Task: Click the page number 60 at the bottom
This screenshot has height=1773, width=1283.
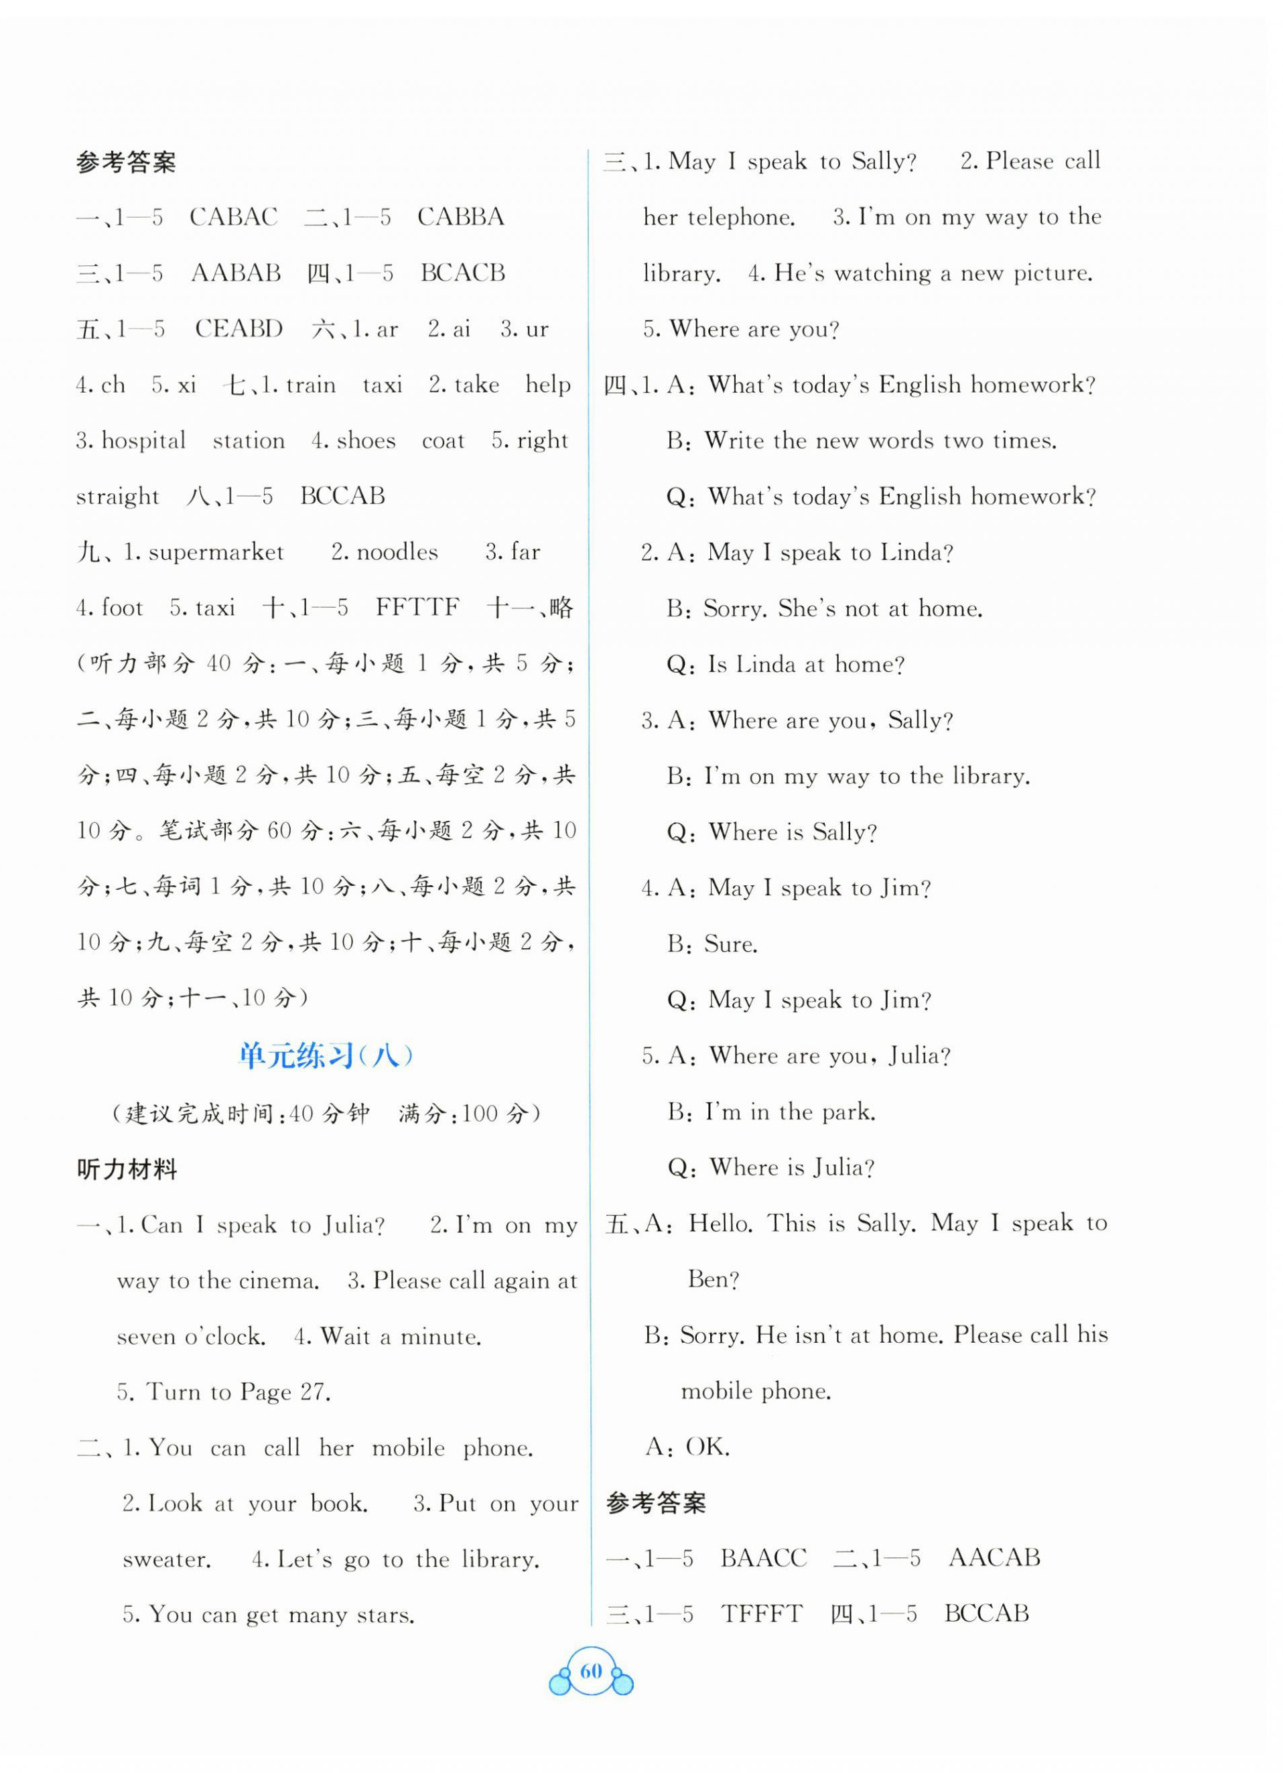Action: click(591, 1670)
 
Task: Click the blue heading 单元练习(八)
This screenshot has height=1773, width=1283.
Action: click(326, 1055)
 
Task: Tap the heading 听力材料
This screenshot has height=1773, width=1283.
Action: click(127, 1169)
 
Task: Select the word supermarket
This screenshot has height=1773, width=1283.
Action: click(215, 552)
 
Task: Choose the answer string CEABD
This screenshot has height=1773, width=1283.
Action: click(239, 328)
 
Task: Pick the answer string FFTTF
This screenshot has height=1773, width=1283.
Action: click(417, 607)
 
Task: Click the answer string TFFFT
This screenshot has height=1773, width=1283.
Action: click(762, 1613)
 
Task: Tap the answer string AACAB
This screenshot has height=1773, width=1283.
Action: click(994, 1557)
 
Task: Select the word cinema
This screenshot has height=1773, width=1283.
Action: click(278, 1280)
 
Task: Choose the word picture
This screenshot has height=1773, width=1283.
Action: click(1053, 273)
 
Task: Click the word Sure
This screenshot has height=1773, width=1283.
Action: click(731, 943)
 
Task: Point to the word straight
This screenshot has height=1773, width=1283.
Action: click(117, 497)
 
